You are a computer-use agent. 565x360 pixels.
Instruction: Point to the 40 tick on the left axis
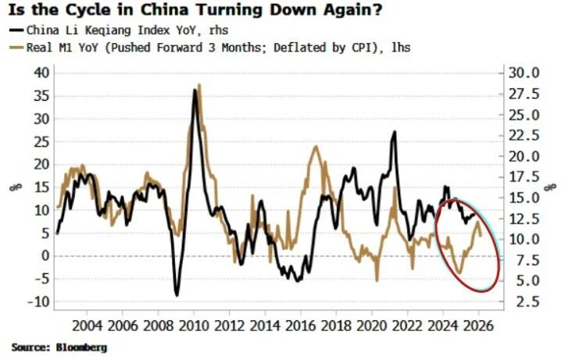41,73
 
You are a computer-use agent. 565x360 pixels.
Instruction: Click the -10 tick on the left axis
38,301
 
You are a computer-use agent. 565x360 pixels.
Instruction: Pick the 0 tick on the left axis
45,256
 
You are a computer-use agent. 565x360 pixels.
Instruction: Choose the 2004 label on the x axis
88,325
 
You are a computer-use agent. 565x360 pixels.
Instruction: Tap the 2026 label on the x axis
479,325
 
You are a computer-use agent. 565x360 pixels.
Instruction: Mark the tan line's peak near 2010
199,85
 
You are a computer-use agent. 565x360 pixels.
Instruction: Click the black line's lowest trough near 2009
177,294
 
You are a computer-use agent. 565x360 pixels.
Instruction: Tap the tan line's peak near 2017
316,147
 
